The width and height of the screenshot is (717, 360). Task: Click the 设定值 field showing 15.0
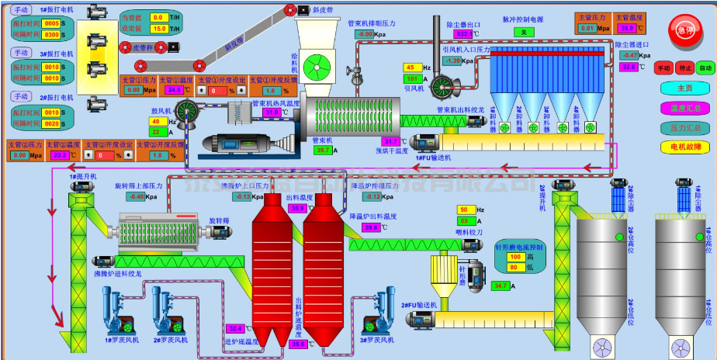(x=158, y=29)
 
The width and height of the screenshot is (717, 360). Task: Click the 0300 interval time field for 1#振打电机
(x=52, y=35)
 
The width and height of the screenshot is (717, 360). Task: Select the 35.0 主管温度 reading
(x=627, y=28)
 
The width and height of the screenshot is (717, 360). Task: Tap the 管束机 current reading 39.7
(x=323, y=150)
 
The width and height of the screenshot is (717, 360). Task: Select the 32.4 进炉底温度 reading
(x=235, y=328)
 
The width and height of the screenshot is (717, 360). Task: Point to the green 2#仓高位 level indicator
(x=620, y=237)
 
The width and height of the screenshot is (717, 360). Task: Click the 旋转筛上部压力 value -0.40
(x=137, y=196)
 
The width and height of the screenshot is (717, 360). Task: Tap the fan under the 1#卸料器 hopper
(x=504, y=126)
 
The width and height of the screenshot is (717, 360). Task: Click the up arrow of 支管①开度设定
(x=202, y=91)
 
